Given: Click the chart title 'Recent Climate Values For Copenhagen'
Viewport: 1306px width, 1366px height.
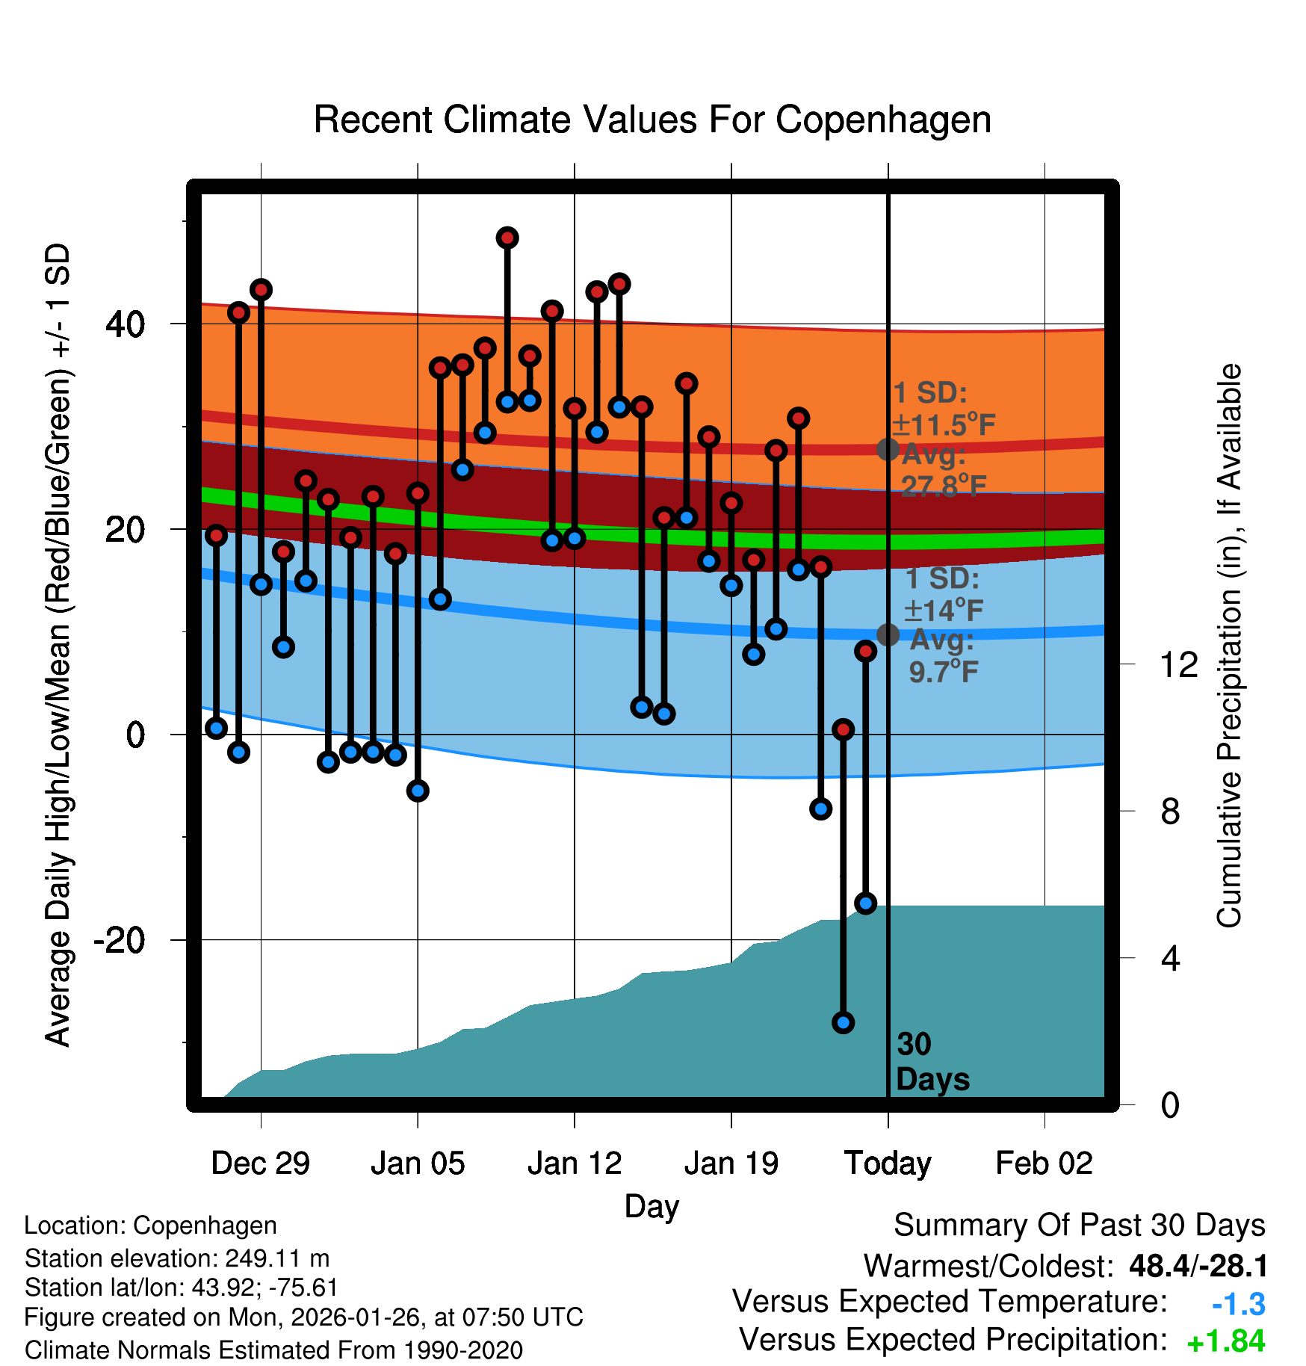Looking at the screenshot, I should [x=652, y=120].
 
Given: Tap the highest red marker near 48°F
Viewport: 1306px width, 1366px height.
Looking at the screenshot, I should [x=507, y=238].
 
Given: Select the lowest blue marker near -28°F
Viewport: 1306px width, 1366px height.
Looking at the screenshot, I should [x=843, y=1022].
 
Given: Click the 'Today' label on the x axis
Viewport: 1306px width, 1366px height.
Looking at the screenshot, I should [x=888, y=1163].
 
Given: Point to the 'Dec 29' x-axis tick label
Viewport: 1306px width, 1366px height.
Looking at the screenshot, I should [x=260, y=1163].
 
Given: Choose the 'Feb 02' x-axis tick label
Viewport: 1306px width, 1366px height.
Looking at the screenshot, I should [x=1044, y=1163].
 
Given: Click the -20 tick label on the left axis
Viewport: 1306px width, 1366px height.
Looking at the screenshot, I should [x=120, y=939].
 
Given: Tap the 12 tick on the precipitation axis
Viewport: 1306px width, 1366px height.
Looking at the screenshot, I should [x=1178, y=664].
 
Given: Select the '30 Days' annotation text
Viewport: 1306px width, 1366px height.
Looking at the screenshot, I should [x=932, y=1062].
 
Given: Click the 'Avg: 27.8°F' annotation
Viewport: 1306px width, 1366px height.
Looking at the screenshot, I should [x=943, y=470].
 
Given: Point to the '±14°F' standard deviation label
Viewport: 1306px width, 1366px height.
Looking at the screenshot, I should [x=943, y=611].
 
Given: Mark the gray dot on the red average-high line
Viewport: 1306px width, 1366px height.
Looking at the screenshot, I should [x=888, y=449].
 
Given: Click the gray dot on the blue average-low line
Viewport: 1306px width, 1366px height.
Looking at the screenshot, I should [x=888, y=634].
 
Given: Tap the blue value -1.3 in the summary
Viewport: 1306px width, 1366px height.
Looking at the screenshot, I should [x=1238, y=1305].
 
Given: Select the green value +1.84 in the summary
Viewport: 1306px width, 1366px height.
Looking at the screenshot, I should [x=1225, y=1342].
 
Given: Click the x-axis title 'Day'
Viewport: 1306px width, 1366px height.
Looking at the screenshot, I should [x=652, y=1206].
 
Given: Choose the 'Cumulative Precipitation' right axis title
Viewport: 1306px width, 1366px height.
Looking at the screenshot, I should [x=1229, y=646].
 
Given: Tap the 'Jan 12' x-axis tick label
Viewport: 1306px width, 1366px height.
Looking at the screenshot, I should [x=574, y=1163].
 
